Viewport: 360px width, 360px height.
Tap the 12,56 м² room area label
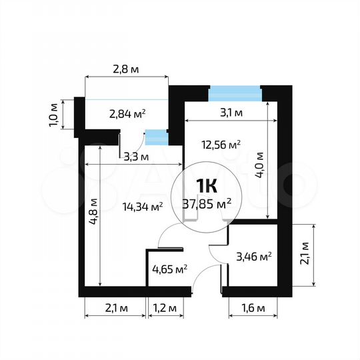(x=221, y=144)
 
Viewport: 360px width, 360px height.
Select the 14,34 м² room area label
(x=143, y=207)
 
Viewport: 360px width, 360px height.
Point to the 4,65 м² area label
(x=169, y=269)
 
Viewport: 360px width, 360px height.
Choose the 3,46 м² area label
(x=254, y=255)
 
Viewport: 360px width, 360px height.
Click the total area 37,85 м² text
(x=207, y=204)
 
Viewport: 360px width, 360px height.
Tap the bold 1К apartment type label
(x=206, y=186)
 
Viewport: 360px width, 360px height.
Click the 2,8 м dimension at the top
(x=125, y=68)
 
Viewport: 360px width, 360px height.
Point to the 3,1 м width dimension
(x=231, y=113)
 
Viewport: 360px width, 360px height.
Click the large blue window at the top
(x=234, y=93)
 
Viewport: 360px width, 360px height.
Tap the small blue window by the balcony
(x=156, y=137)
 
